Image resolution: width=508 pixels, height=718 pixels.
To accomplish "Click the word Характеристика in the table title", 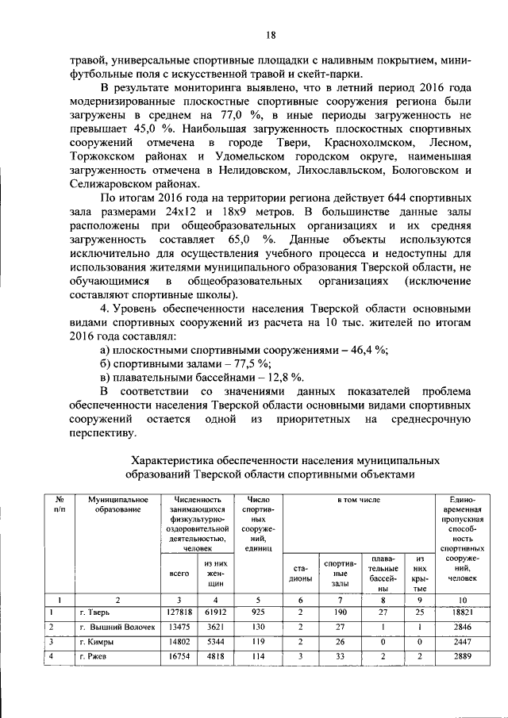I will pos(174,460).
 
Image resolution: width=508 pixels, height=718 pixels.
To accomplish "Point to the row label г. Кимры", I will pos(95,641).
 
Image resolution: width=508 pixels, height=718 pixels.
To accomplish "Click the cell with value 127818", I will pos(179,612).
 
